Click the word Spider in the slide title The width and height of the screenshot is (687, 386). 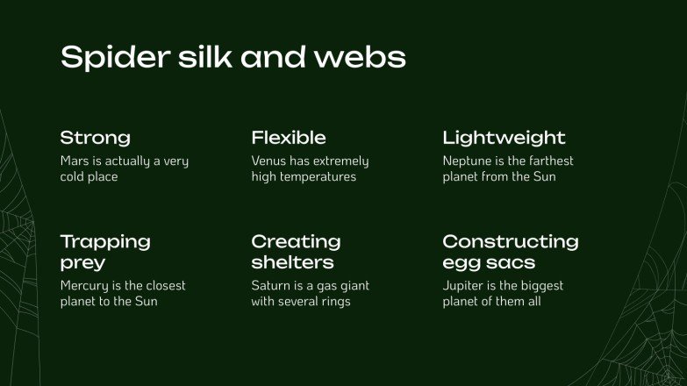point(104,58)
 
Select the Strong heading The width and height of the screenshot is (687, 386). point(95,138)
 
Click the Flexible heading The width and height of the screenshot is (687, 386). point(289,138)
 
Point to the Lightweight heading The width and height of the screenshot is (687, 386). point(504,138)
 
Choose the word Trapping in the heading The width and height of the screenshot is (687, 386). point(105,241)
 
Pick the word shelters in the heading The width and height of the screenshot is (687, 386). point(292,262)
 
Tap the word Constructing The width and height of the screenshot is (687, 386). point(510,241)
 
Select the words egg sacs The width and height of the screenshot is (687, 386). point(489,262)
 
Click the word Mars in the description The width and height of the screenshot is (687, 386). point(75,161)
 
